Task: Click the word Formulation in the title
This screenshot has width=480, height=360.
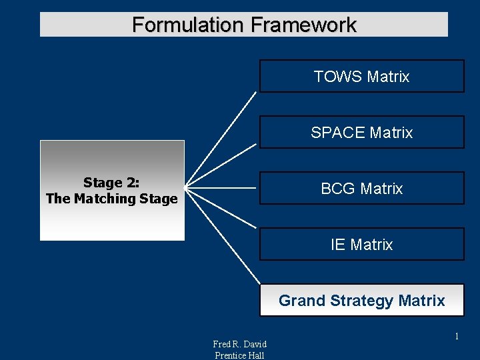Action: (x=188, y=25)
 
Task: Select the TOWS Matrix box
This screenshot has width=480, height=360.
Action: (x=361, y=76)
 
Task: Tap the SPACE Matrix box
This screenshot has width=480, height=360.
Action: (x=361, y=132)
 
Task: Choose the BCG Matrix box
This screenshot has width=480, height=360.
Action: (x=361, y=188)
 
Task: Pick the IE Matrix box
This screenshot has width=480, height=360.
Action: (x=361, y=244)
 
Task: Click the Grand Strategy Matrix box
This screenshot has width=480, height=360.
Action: (x=361, y=300)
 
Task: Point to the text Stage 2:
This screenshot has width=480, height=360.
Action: (x=111, y=183)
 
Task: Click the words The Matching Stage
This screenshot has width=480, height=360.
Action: (x=111, y=199)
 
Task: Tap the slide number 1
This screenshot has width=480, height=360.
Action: (x=457, y=337)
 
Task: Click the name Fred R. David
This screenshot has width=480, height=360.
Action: (x=239, y=344)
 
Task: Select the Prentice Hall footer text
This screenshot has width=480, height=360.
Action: (x=239, y=355)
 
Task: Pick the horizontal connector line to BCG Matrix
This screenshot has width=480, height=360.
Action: (x=223, y=189)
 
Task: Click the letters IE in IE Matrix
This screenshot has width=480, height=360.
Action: (x=337, y=245)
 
